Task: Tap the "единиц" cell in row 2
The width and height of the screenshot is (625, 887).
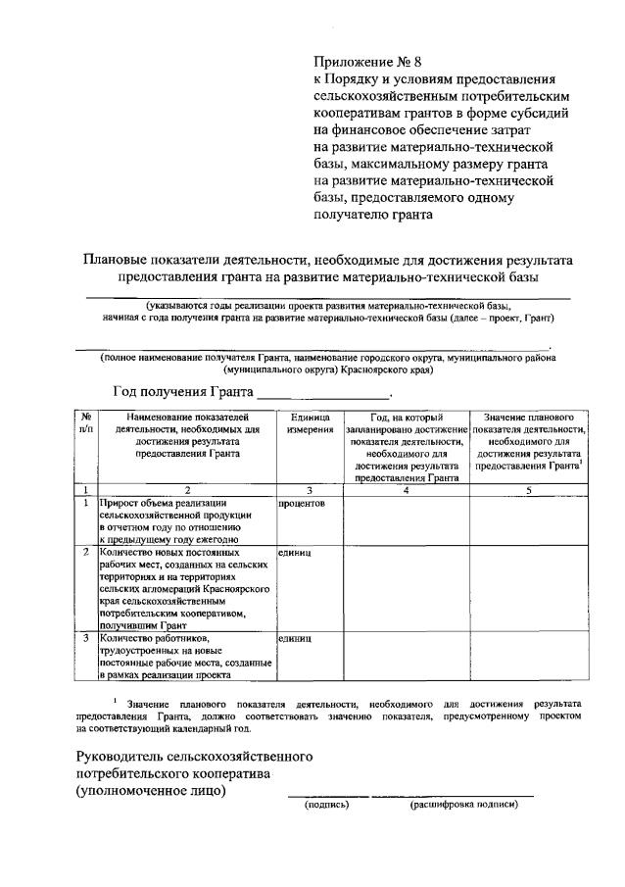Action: point(295,553)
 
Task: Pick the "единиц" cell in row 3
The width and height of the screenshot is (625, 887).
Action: point(295,638)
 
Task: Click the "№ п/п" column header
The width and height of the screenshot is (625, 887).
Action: point(87,423)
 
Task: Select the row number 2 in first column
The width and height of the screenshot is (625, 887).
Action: point(87,553)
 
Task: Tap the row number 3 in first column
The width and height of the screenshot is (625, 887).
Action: point(87,638)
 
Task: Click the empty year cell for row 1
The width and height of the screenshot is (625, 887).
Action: point(406,519)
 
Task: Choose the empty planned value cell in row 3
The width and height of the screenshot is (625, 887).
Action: point(529,656)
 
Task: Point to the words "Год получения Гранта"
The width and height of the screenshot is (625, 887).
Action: point(181,391)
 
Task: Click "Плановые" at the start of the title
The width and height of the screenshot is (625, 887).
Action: point(114,260)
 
